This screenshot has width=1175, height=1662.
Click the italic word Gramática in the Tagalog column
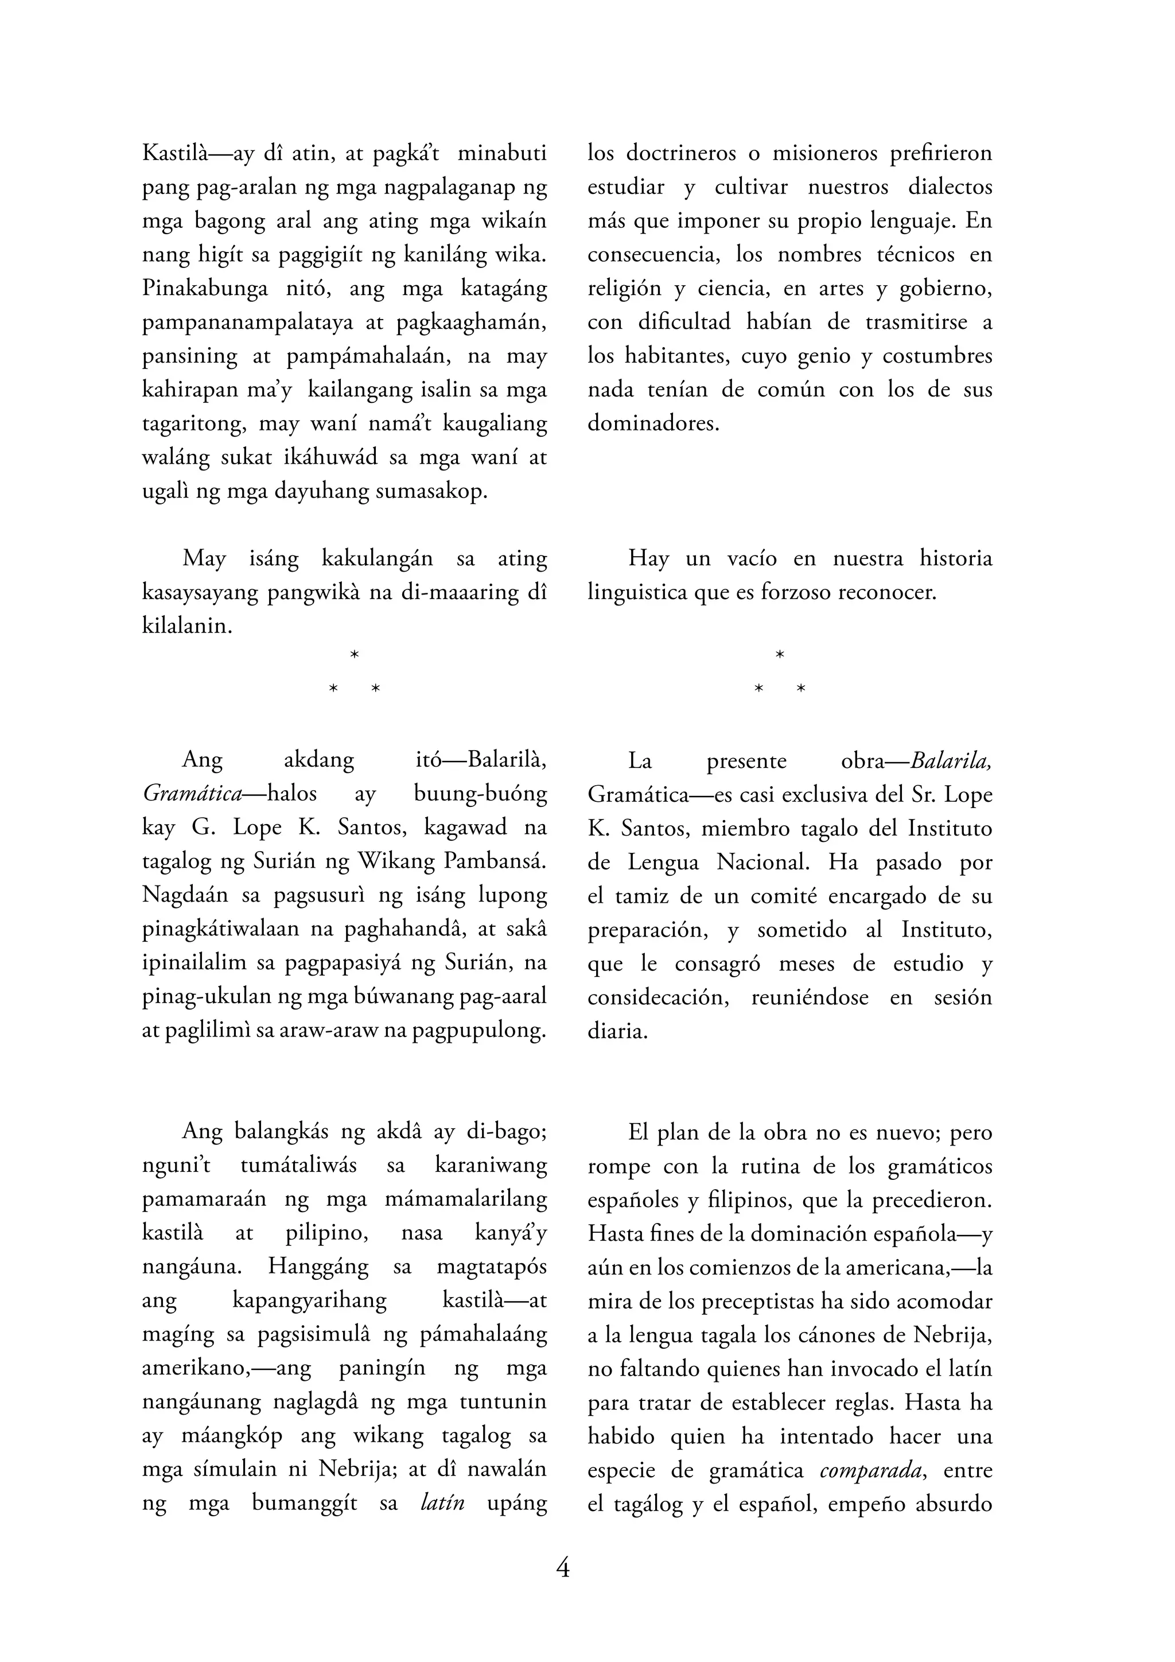(x=192, y=794)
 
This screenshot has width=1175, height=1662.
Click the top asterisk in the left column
(x=355, y=655)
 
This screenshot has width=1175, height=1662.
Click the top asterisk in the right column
(x=780, y=655)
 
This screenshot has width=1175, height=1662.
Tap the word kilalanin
(x=186, y=626)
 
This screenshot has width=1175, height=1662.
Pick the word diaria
(x=616, y=1031)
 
